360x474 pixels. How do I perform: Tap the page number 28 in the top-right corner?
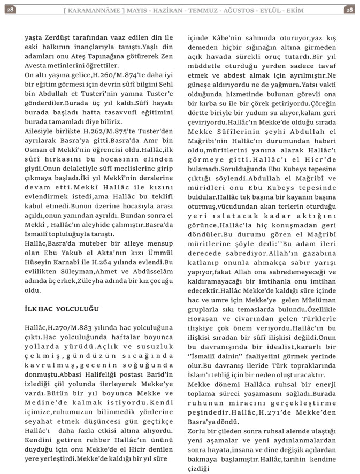(349, 9)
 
